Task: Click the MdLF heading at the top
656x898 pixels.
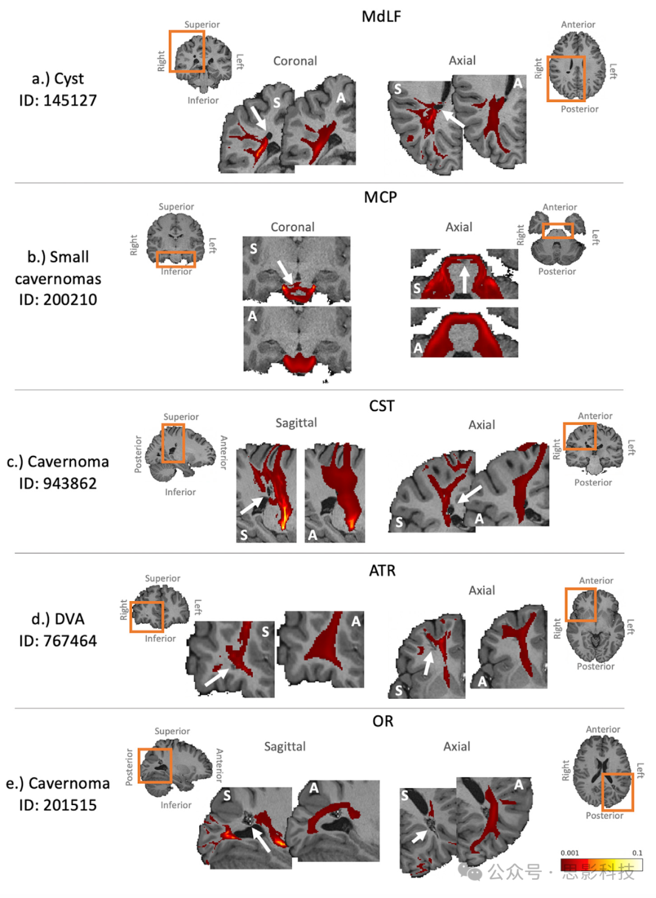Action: [381, 16]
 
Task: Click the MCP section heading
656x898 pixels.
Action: [380, 197]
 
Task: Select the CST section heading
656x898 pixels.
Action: [381, 406]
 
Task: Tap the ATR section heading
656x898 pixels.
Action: [382, 570]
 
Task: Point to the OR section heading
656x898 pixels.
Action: [383, 721]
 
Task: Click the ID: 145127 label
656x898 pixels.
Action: [58, 100]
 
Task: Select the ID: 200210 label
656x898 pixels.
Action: [58, 299]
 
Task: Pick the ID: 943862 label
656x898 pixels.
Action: [58, 483]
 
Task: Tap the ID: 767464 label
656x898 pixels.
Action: [58, 641]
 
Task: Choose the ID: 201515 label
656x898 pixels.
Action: [58, 805]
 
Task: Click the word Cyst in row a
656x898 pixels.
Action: [69, 79]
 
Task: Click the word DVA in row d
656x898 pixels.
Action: [69, 619]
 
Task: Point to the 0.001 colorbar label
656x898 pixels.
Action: [570, 852]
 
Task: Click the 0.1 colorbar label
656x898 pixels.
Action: [637, 852]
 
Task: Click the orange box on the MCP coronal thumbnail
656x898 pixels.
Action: [176, 259]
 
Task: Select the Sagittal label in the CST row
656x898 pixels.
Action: [296, 423]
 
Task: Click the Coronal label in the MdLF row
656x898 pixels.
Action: [295, 61]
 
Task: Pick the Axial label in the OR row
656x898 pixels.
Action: [456, 746]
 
